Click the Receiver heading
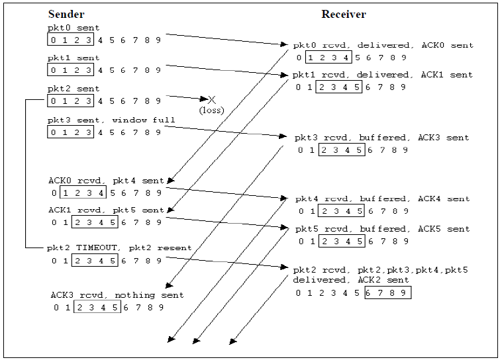(x=344, y=15)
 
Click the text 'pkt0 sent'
(x=74, y=28)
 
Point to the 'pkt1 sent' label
(x=74, y=58)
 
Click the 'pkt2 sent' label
(x=74, y=89)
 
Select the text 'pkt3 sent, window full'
(x=111, y=120)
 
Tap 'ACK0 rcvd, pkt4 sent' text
(x=106, y=180)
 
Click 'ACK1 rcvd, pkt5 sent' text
(x=106, y=210)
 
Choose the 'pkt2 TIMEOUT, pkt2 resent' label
(x=119, y=247)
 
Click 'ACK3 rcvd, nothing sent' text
(x=117, y=295)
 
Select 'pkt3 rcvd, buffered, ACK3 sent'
(x=382, y=138)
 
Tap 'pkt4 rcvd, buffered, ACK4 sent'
(x=382, y=199)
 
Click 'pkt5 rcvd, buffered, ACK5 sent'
(x=382, y=229)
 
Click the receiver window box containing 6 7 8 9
(x=387, y=292)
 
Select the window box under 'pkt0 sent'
(x=71, y=40)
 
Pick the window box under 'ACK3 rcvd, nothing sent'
(x=97, y=307)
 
